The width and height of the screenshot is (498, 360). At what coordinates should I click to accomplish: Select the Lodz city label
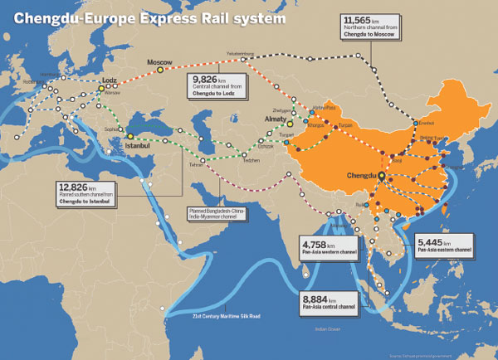click(x=109, y=80)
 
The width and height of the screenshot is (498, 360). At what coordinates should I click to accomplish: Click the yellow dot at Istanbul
click(x=130, y=136)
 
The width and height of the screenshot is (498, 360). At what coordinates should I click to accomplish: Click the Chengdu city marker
click(x=382, y=177)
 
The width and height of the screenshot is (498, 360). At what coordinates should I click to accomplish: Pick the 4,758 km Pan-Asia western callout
click(x=317, y=246)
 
